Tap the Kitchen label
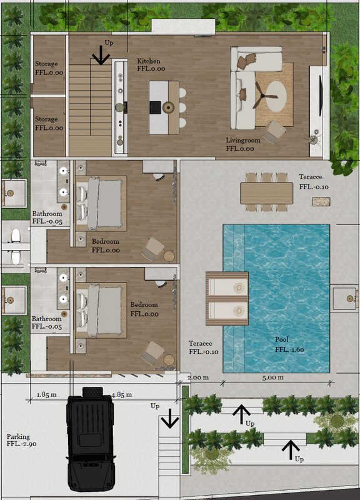149,61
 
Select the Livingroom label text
243,140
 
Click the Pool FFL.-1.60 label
289,344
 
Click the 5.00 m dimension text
272,377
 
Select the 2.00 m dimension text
197,377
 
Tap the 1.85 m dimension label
46,395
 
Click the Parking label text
18,436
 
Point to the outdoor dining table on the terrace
267,193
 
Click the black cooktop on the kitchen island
155,107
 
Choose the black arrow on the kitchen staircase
101,55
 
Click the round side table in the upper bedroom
169,256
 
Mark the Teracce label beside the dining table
310,177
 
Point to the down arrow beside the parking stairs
169,418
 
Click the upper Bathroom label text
47,214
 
